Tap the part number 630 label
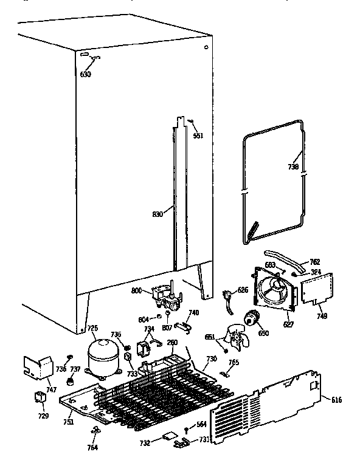point(85,75)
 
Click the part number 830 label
point(157,214)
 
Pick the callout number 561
point(198,135)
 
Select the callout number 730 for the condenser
point(211,359)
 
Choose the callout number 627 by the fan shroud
point(288,324)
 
